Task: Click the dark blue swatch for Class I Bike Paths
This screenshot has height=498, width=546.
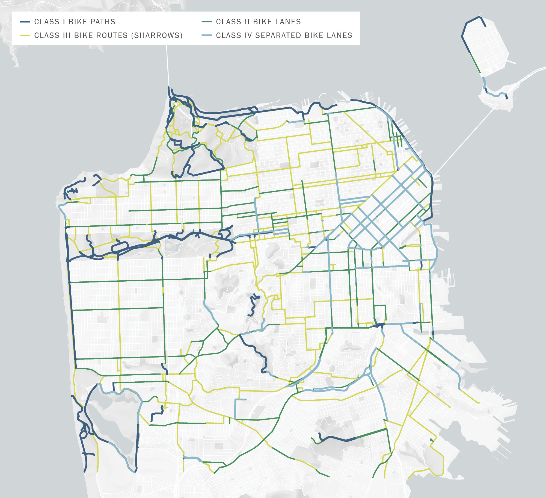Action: click(x=25, y=22)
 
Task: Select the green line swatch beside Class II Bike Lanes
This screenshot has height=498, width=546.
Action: click(x=207, y=22)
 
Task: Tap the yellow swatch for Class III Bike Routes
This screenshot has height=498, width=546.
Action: click(x=25, y=35)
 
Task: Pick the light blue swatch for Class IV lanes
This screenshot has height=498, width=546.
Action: click(x=207, y=35)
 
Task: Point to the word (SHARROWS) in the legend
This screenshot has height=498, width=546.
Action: click(x=157, y=35)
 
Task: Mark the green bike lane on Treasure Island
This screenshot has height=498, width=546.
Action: click(x=475, y=63)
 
